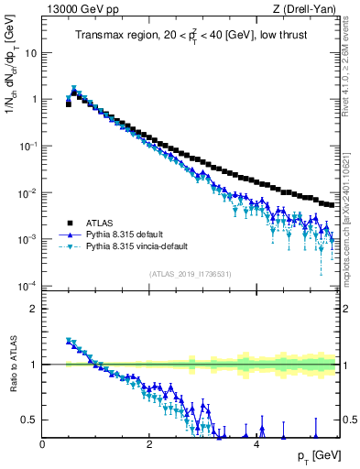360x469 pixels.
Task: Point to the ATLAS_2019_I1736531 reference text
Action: point(190,274)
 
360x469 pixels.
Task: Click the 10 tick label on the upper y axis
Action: point(30,52)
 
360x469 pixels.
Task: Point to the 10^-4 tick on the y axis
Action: point(28,286)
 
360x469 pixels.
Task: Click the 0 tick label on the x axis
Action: point(43,444)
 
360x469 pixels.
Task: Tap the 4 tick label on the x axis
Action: point(256,444)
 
